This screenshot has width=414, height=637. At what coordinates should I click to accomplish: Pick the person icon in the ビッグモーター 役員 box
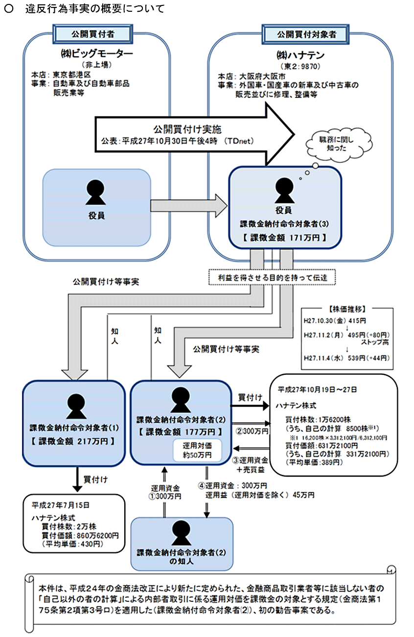96,192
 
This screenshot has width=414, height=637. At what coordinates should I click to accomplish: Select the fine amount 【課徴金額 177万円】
180,432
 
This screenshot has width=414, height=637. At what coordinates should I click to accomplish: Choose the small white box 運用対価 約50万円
198,451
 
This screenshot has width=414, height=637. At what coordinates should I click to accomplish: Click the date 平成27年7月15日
61,504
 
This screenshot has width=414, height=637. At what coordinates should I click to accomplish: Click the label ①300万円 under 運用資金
165,496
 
